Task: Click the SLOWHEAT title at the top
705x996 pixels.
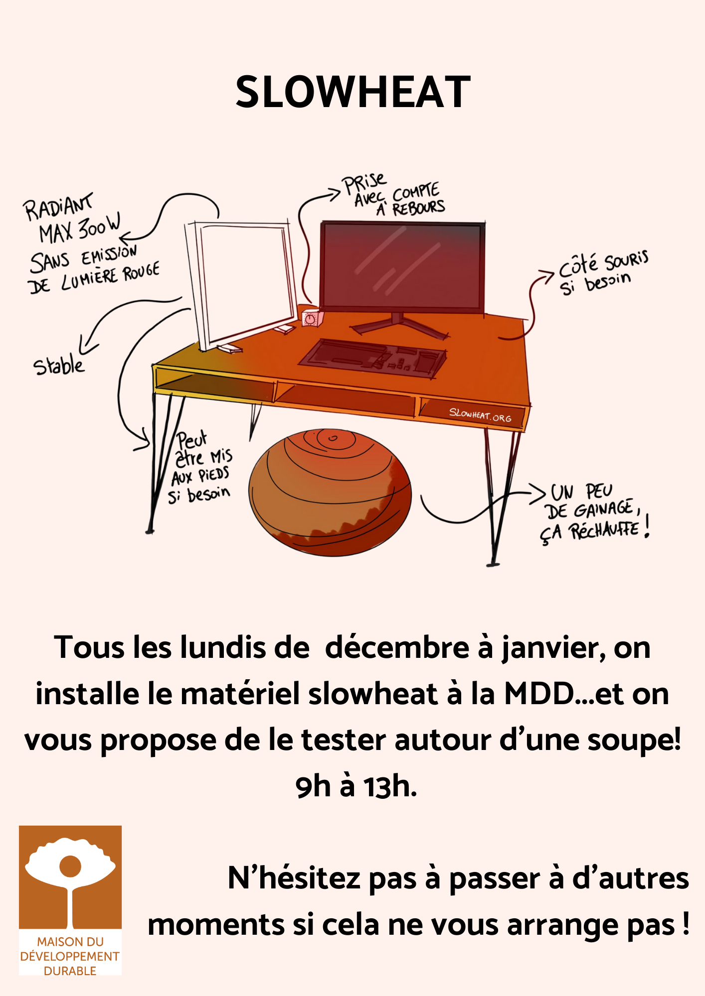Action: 353,92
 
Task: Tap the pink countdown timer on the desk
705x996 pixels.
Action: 311,318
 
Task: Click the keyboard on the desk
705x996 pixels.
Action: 372,358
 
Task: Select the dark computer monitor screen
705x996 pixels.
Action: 402,266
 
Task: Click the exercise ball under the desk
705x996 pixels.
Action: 330,492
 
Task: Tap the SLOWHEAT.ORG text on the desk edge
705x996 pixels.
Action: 480,414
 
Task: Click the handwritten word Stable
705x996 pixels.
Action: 59,365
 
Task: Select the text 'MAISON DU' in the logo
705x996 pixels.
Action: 70,942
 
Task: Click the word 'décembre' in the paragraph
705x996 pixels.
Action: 397,647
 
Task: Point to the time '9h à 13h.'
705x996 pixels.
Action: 356,787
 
